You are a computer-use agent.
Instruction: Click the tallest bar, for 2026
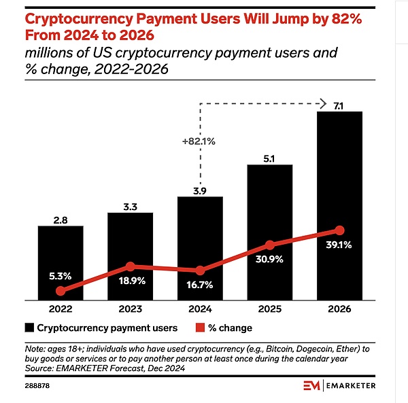click(x=339, y=204)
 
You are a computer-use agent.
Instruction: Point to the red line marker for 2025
click(x=270, y=245)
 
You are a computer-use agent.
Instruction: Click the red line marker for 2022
click(x=61, y=290)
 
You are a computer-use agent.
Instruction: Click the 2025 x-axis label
click(x=269, y=309)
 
